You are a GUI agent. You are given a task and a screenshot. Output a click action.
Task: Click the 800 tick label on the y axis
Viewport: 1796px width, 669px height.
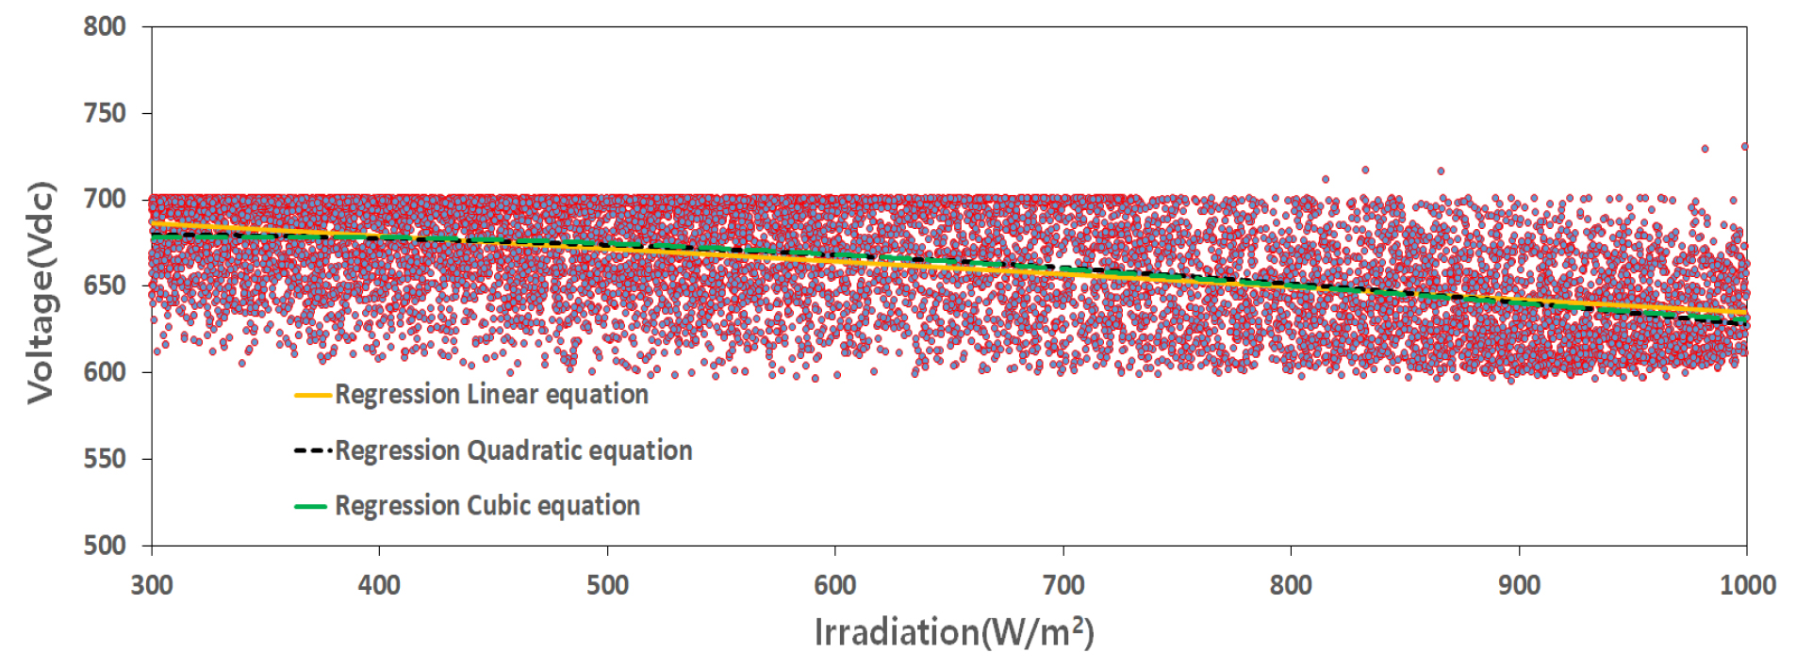pos(104,26)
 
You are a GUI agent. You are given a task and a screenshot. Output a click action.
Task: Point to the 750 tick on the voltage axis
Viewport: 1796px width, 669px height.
pos(104,113)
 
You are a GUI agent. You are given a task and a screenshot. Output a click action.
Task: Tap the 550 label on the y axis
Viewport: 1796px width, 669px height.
pos(104,459)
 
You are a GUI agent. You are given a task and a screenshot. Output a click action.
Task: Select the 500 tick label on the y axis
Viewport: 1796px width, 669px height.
pos(104,546)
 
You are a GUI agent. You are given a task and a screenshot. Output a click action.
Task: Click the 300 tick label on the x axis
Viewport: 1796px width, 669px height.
pos(151,585)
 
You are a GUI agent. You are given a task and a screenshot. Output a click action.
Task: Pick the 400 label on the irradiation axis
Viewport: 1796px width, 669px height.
pos(379,585)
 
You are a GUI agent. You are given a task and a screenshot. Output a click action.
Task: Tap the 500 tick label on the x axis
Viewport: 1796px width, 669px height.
pos(607,585)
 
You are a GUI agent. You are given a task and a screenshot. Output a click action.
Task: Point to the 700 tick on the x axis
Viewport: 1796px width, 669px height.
pos(1063,585)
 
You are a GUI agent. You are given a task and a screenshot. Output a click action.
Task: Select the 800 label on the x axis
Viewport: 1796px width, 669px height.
pos(1291,585)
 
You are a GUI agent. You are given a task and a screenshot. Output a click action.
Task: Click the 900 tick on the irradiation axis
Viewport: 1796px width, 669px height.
pos(1519,585)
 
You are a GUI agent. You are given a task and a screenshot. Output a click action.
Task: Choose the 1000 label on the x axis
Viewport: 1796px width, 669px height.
pos(1747,585)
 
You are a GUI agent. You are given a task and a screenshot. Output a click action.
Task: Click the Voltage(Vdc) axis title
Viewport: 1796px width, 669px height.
pos(41,292)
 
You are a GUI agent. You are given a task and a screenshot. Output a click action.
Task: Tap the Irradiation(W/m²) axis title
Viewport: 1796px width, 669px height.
pos(953,632)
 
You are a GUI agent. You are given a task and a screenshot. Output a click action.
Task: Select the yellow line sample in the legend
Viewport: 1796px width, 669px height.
pos(312,395)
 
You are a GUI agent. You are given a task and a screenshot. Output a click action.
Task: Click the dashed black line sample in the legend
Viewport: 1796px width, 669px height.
pos(312,450)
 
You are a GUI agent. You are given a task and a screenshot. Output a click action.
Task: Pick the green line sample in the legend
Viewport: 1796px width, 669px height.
pos(312,506)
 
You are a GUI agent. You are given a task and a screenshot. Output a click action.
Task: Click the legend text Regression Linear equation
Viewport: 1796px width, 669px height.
pos(491,395)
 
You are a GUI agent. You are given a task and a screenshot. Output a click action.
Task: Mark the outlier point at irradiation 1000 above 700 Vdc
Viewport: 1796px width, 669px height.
pos(1744,146)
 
